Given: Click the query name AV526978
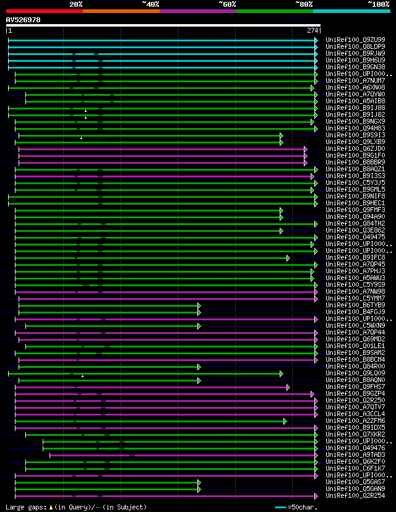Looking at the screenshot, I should [x=24, y=20].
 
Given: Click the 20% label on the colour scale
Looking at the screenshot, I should [x=76, y=4].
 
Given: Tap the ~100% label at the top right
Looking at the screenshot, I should [x=378, y=4].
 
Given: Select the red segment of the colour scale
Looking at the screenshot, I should [x=44, y=11].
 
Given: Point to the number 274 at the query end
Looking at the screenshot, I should [x=312, y=30].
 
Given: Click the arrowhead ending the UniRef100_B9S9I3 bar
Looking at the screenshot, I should [x=281, y=135].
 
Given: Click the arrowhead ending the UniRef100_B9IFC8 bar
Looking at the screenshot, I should [x=288, y=257].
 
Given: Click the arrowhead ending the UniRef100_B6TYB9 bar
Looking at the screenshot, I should [x=199, y=305].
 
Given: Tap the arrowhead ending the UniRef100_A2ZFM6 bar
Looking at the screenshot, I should [x=285, y=420].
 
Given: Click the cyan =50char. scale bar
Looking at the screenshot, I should [x=281, y=507].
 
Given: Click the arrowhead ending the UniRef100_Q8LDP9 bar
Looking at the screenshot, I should [x=316, y=46].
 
